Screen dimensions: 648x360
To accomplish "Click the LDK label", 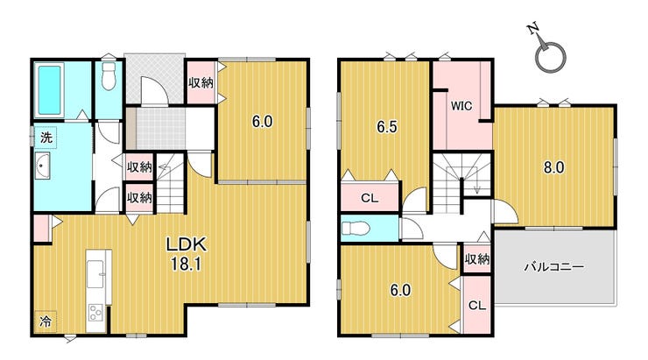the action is coord(186,244).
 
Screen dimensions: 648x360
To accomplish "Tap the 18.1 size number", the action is coord(186,265).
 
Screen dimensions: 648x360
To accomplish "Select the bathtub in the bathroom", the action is coord(49,90).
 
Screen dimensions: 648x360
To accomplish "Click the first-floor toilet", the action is coord(109,76).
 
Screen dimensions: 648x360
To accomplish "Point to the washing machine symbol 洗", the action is coord(46,138).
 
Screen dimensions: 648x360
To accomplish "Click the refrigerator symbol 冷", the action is coord(46,321).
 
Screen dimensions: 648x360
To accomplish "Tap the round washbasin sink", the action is coord(42,166).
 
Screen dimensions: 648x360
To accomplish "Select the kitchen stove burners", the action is coord(95,313).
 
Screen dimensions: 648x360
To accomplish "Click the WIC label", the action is coord(461,106).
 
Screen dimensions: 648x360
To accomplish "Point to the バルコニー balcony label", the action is coord(554,267).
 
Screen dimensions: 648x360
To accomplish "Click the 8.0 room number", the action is coord(553,168).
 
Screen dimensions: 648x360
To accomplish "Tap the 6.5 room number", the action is coord(387,127).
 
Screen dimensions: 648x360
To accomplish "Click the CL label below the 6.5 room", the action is coord(370,198).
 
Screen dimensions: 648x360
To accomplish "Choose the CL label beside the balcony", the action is coord(477,306).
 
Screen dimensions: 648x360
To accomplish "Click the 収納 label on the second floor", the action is coord(477,259).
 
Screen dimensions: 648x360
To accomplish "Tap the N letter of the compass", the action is coord(533,28).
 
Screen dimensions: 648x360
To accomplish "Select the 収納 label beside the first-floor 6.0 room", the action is coord(201,83).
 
